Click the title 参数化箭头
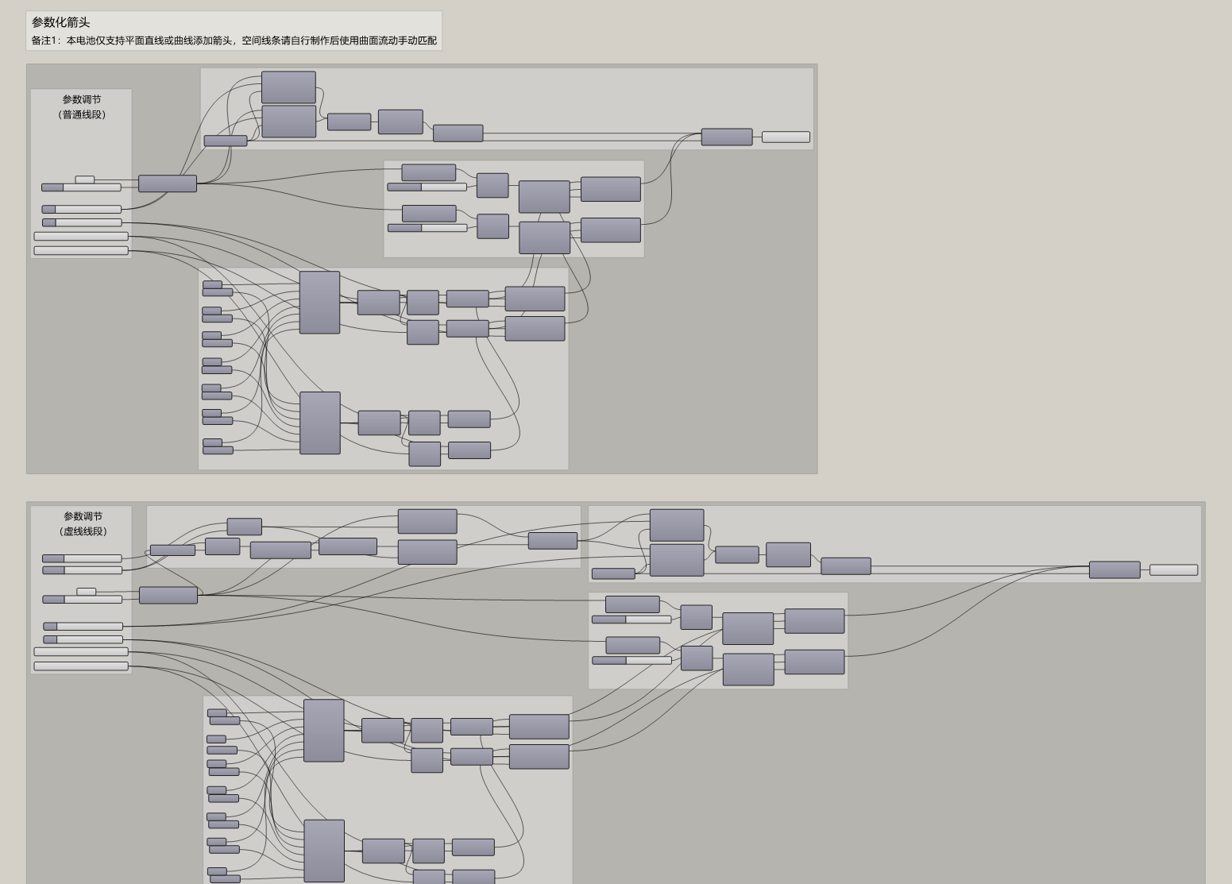(x=60, y=22)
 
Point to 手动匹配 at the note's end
(x=418, y=41)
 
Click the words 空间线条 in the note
(x=261, y=41)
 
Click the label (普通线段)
(x=81, y=115)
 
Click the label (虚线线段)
(x=83, y=532)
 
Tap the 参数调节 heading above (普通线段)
(x=81, y=99)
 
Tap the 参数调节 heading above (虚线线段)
(x=83, y=516)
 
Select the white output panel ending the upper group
(x=786, y=137)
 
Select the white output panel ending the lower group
(x=1174, y=570)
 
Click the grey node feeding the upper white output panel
(x=727, y=137)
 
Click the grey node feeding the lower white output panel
(x=1115, y=570)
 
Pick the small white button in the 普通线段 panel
(x=85, y=180)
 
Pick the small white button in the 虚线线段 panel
(x=87, y=592)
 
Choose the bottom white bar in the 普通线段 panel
(x=81, y=251)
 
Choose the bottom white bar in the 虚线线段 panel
(x=81, y=666)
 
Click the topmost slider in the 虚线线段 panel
(x=82, y=559)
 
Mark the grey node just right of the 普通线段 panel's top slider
(x=167, y=183)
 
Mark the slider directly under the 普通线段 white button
(x=81, y=188)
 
